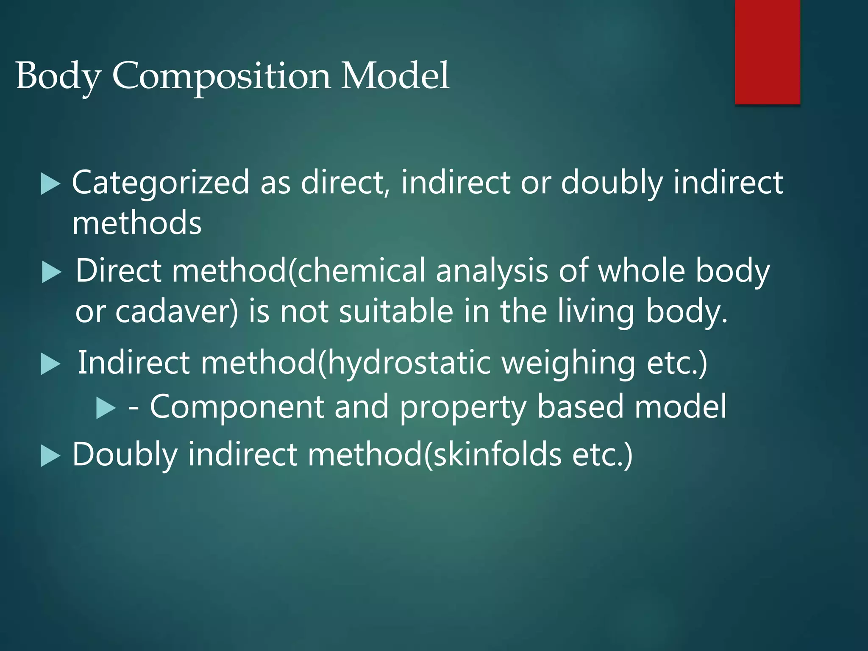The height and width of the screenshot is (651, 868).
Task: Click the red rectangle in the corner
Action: click(767, 52)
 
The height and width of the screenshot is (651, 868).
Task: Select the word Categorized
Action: click(161, 182)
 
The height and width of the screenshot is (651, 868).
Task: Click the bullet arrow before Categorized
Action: click(51, 185)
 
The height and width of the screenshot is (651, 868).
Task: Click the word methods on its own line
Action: click(137, 223)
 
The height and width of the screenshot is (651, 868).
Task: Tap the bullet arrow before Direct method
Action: click(52, 273)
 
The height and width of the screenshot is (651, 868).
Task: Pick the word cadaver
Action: click(176, 312)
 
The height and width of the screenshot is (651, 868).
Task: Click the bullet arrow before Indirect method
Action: click(51, 365)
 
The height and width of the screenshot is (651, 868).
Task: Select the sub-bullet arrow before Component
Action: click(106, 408)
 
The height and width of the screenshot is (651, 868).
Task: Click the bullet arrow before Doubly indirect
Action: click(51, 456)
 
